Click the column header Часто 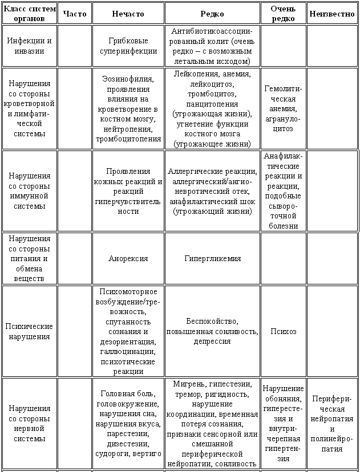tap(75, 14)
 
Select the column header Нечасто tap(128, 14)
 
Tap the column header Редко tap(212, 14)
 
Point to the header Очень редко tap(284, 14)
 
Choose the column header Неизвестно tap(332, 14)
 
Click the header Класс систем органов tap(29, 14)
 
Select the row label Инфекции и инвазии tap(29, 46)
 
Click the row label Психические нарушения tap(29, 331)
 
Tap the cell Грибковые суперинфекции tap(128, 46)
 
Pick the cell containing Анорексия tap(128, 258)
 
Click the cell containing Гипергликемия tap(212, 258)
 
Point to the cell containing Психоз tap(284, 331)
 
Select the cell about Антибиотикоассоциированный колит tap(212, 45)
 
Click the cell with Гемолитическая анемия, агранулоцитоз tap(284, 108)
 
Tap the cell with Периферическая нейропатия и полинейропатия tap(332, 424)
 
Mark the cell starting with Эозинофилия tap(128, 108)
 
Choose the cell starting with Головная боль tap(128, 424)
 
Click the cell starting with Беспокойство tap(212, 331)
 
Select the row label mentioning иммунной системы tap(29, 191)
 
